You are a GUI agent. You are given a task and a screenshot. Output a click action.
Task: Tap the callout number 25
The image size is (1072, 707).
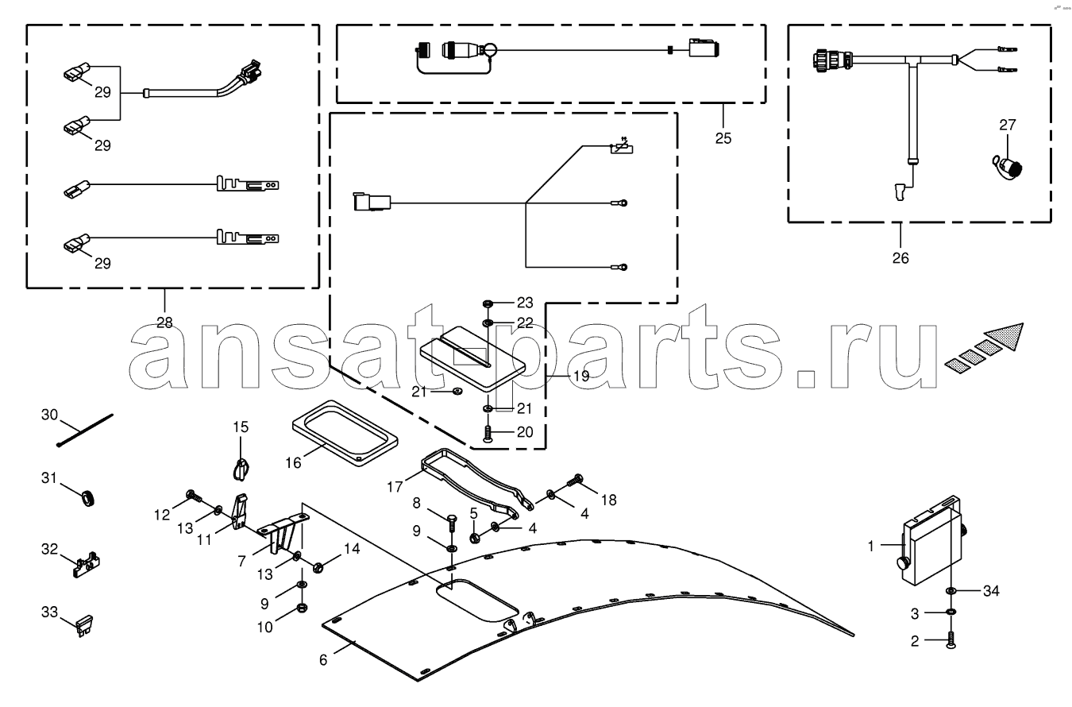point(723,138)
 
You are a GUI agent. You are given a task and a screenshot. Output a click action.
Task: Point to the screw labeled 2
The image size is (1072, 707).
point(951,640)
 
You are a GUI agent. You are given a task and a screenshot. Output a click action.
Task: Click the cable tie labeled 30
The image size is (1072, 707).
point(85,431)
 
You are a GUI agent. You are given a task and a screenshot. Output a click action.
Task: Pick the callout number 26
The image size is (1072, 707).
point(900,258)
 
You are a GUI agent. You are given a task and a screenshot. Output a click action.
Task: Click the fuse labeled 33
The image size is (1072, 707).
point(85,625)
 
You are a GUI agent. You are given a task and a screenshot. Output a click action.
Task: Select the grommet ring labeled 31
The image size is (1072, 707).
point(88,498)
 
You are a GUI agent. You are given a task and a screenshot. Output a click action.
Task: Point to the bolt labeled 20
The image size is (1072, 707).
point(488,434)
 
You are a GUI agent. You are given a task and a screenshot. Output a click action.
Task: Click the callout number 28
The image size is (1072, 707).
point(164,323)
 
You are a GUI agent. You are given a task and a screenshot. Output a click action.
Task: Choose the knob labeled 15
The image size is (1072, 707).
point(241,468)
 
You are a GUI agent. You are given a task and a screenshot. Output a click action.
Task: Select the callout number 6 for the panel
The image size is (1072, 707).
point(323,659)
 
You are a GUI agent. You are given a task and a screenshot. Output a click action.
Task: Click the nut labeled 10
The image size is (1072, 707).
point(302,608)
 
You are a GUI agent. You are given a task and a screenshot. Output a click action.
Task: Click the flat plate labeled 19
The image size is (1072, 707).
point(472,359)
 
